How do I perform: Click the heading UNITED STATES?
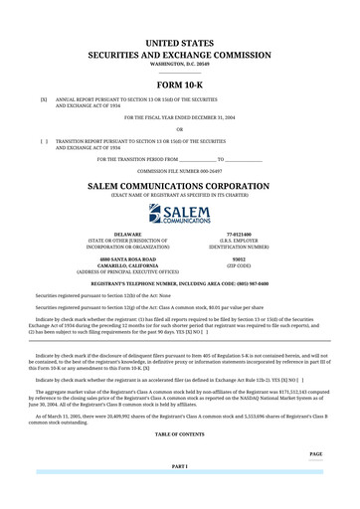pos(179,44)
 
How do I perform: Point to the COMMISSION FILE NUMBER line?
pos(179,171)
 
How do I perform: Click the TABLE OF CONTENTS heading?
pos(179,434)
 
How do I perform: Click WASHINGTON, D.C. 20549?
pos(179,64)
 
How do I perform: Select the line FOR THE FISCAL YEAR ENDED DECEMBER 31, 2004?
pos(179,117)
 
